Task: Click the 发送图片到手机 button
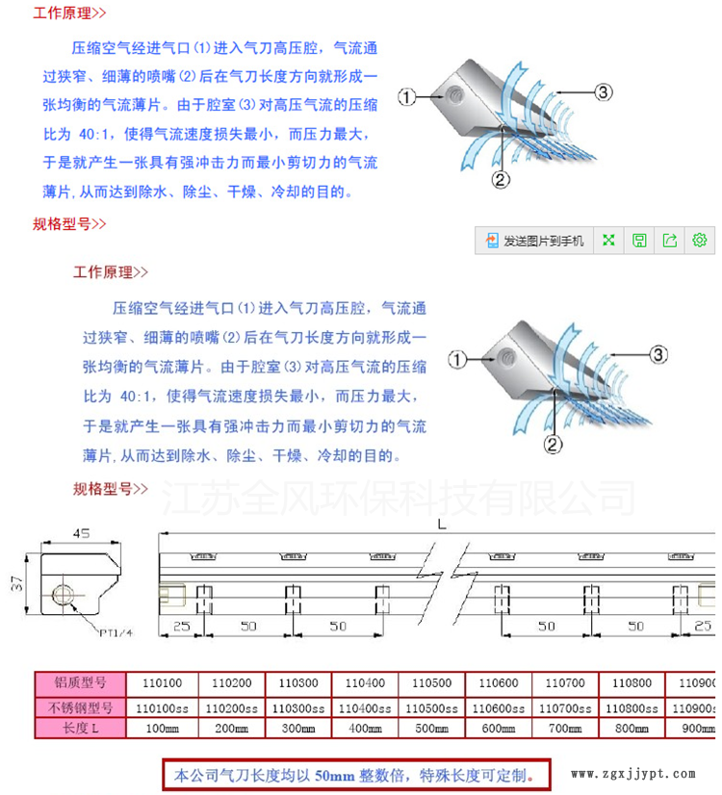pos(535,241)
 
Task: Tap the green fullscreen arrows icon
pos(608,241)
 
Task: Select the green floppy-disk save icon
pos(639,241)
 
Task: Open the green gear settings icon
pos(700,241)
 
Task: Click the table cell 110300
pos(297,684)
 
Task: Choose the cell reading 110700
pos(565,684)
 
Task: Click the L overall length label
pos(440,526)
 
